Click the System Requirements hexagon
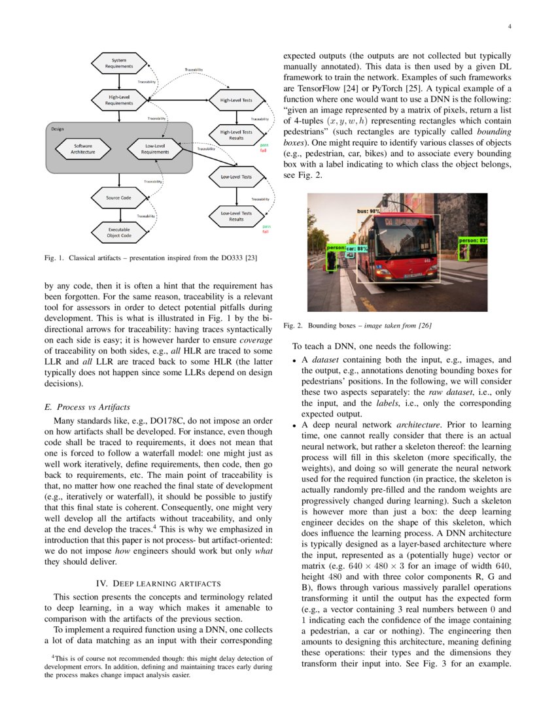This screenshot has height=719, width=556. tap(118, 63)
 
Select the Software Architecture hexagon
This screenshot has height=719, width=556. tap(83, 149)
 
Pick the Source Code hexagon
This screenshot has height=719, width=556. tap(118, 197)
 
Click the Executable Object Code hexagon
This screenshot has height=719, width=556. tap(118, 233)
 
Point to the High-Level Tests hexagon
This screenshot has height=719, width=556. tap(235, 100)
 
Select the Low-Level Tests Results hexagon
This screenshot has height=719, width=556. tap(235, 216)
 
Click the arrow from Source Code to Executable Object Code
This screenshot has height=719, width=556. tap(118, 214)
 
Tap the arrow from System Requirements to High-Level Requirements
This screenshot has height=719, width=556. tap(118, 82)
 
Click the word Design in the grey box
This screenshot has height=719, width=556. tap(58, 129)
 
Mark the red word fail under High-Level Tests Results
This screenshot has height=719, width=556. tap(264, 150)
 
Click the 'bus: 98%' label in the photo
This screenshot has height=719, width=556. tap(368, 212)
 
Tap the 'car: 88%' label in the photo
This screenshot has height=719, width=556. tap(357, 248)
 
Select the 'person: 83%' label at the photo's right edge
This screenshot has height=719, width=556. tap(473, 241)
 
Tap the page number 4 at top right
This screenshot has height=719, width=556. tap(508, 27)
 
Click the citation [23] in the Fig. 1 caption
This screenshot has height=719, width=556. tap(250, 258)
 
